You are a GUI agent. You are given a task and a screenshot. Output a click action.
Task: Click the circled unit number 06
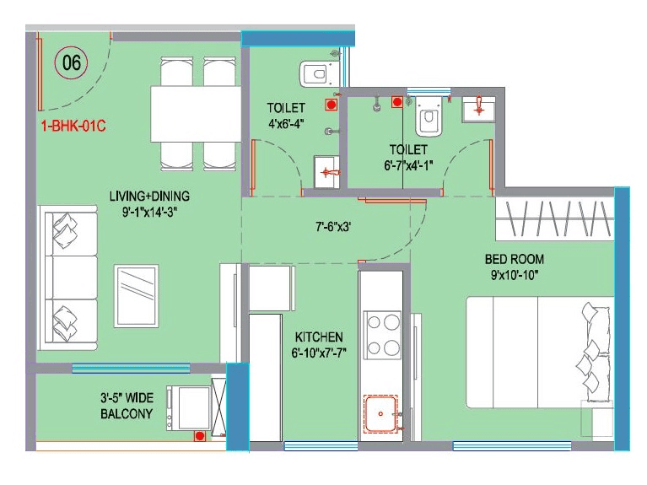point(72,63)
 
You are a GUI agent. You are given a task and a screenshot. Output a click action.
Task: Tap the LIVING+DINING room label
point(149,197)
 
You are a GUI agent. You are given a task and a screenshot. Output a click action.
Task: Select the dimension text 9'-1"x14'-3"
point(149,213)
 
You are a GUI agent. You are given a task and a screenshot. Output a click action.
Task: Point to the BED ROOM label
point(514,258)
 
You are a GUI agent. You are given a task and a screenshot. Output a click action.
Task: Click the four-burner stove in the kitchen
point(382,333)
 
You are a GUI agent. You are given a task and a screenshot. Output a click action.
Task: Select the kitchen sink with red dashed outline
point(385,414)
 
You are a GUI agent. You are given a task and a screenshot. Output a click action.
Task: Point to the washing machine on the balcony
point(187,408)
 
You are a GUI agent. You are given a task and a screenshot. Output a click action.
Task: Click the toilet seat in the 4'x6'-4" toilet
point(315,73)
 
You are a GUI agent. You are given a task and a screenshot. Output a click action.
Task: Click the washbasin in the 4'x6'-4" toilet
point(326,174)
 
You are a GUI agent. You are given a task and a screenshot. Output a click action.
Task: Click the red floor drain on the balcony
point(201,436)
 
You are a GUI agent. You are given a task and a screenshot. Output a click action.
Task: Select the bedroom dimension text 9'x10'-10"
point(514,274)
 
